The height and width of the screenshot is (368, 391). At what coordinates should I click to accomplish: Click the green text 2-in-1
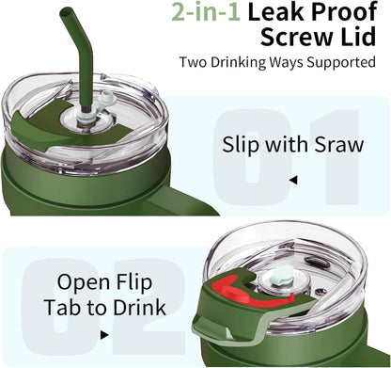pos(206,11)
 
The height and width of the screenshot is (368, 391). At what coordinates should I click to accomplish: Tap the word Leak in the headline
pos(276,11)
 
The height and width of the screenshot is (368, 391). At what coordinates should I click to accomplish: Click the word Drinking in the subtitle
pos(239,62)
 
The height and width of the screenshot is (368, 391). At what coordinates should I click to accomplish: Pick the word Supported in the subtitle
pos(341,62)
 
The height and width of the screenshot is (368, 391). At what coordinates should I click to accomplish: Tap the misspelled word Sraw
pos(339,145)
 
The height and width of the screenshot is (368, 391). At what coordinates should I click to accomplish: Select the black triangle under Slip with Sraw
pos(293,180)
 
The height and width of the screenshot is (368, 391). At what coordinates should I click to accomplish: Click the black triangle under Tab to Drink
pos(104,335)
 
